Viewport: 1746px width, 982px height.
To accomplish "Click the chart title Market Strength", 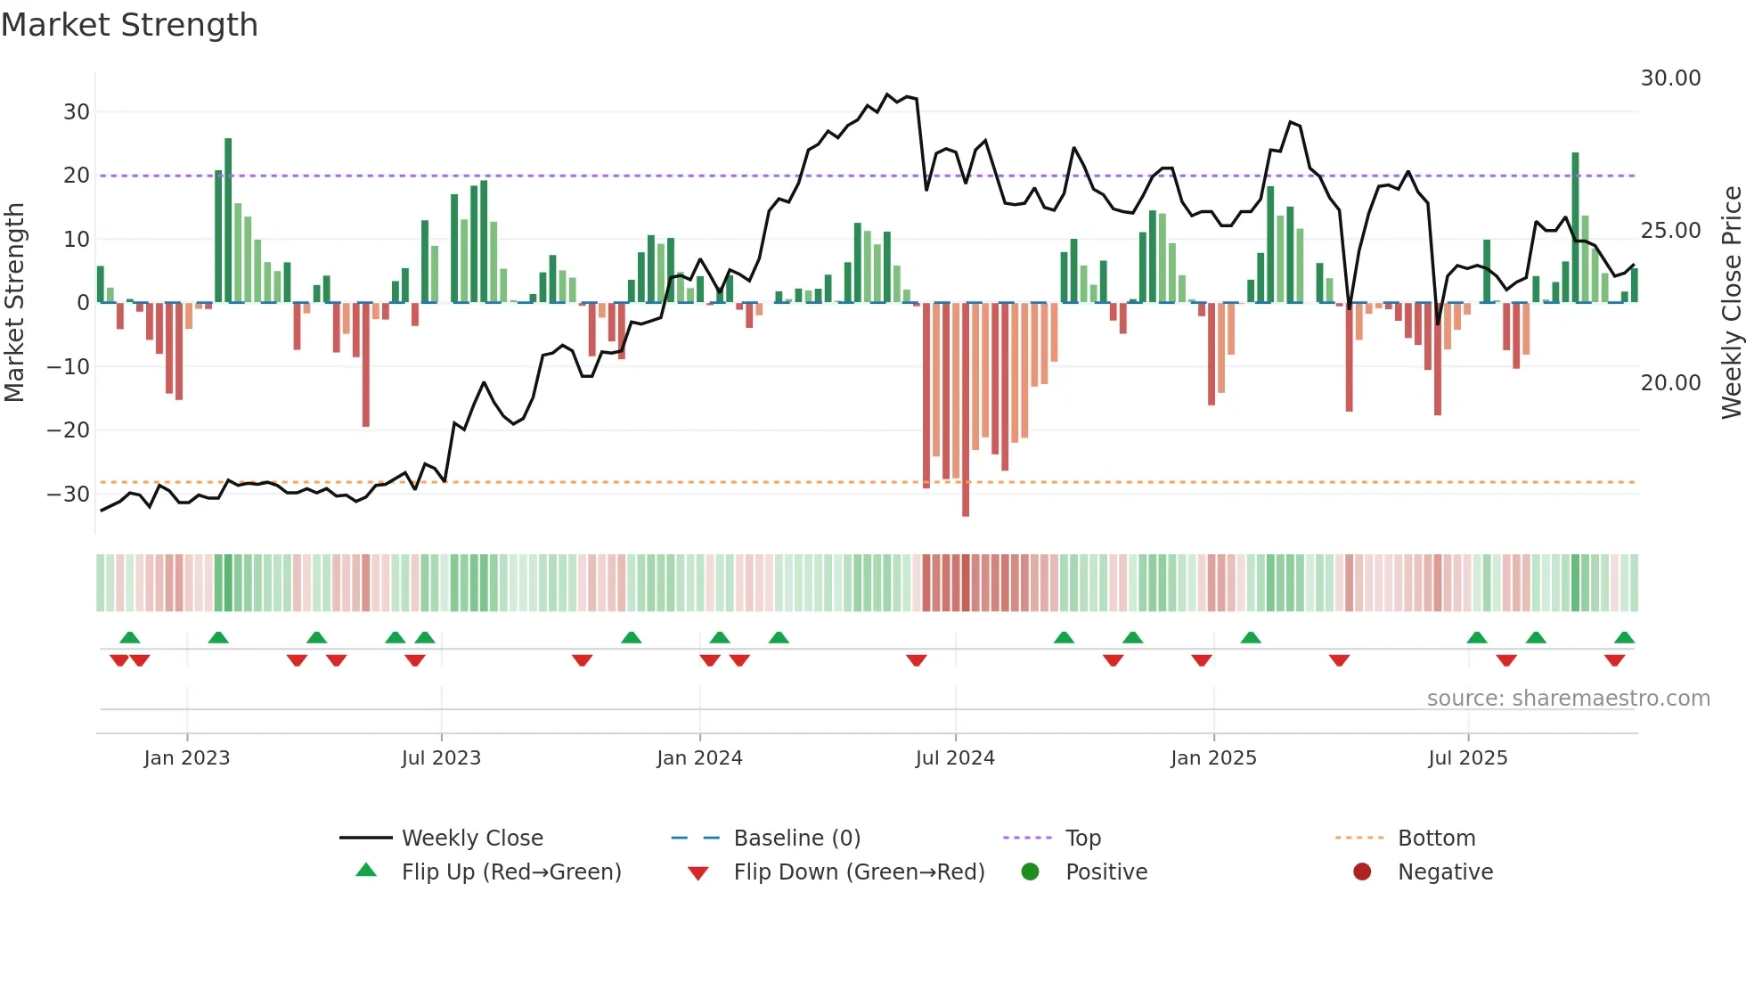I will click(129, 25).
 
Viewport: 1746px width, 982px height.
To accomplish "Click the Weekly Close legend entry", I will click(471, 838).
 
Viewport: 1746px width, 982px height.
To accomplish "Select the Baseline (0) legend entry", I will click(796, 838).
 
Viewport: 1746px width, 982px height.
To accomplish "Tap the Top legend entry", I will click(1082, 838).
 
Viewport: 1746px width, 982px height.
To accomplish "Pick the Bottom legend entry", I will click(1436, 838).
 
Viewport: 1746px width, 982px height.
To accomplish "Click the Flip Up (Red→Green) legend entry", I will click(510, 872).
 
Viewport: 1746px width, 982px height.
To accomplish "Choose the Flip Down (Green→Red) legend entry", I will click(859, 872).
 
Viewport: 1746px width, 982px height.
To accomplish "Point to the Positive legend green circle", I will click(1030, 872).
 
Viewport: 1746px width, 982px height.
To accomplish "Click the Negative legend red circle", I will click(1362, 872).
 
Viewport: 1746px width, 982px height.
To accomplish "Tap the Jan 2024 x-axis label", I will click(699, 757).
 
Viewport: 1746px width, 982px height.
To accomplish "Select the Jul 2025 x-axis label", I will click(1467, 757).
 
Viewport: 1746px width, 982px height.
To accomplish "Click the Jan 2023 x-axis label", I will click(187, 757).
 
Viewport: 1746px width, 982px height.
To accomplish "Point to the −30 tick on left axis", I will click(69, 494).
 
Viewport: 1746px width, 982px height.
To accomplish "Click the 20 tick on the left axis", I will click(77, 176).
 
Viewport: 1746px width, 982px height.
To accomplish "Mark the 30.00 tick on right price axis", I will click(1670, 78).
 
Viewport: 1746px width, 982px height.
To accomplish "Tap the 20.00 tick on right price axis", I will click(1670, 382).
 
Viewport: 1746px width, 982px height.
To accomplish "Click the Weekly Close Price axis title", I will click(1731, 302).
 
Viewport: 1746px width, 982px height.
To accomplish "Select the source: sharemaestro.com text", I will click(1568, 698).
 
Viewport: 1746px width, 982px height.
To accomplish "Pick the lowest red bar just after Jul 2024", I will click(966, 410).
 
